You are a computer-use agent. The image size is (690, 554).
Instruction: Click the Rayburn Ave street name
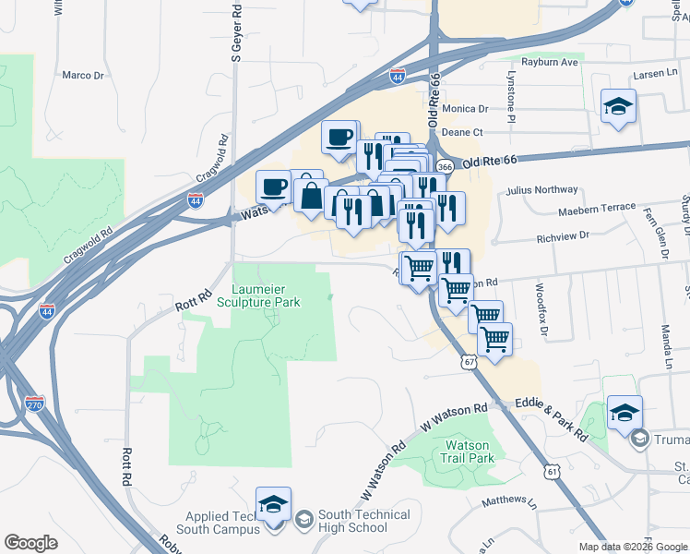point(549,62)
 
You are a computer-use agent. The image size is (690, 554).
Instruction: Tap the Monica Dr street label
point(464,108)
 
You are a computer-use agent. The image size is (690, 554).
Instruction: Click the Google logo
point(31,543)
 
